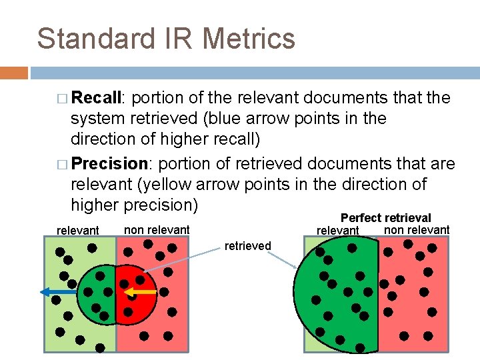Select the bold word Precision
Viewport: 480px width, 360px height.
click(109, 163)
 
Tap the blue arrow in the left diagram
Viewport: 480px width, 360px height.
click(57, 292)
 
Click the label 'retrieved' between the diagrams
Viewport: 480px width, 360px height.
click(247, 246)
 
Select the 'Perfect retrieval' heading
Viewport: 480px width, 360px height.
click(385, 218)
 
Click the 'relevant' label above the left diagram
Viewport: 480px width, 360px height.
click(78, 231)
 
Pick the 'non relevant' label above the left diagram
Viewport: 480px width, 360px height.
click(157, 230)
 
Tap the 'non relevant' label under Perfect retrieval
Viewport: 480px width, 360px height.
click(417, 230)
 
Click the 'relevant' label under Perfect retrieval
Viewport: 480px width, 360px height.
click(337, 231)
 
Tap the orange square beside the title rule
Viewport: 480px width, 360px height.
click(14, 72)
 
